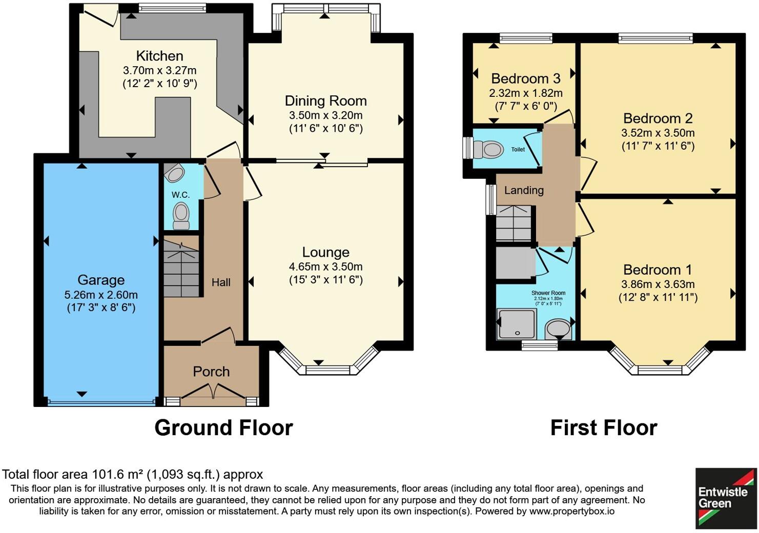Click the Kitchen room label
point(159,56)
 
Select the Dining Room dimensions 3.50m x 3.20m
point(325,115)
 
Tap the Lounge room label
point(325,252)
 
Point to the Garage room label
point(101,280)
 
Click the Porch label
point(211,372)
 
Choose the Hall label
point(221,282)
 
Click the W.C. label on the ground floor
point(180,195)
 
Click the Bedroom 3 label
point(525,78)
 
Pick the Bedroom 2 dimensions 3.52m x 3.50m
point(658,133)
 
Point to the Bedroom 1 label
point(658,270)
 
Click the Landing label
point(524,190)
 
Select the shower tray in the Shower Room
point(517,323)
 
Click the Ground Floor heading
point(223,428)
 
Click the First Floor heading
point(603,428)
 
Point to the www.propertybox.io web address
point(571,511)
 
